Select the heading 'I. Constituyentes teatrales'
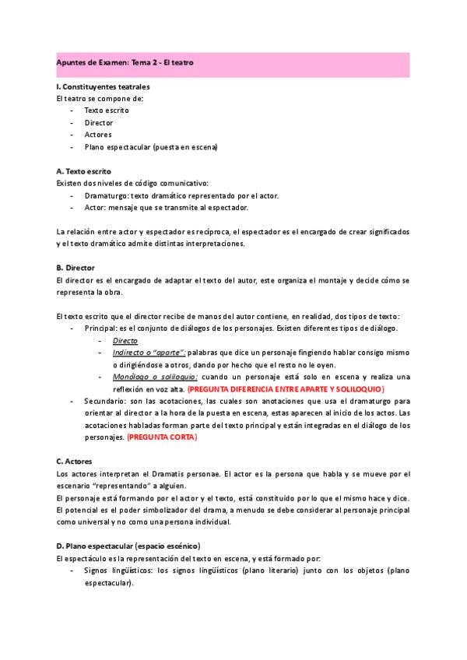(103, 86)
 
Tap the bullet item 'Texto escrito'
(107, 111)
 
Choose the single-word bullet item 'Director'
(98, 123)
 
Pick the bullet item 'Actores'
(97, 135)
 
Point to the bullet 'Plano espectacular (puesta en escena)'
(150, 147)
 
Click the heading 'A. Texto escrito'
(84, 171)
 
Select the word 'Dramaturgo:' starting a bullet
(106, 195)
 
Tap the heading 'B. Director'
(75, 268)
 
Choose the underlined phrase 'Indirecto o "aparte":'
(149, 353)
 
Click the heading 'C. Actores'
(75, 462)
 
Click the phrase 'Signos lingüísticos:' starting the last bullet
(119, 570)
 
